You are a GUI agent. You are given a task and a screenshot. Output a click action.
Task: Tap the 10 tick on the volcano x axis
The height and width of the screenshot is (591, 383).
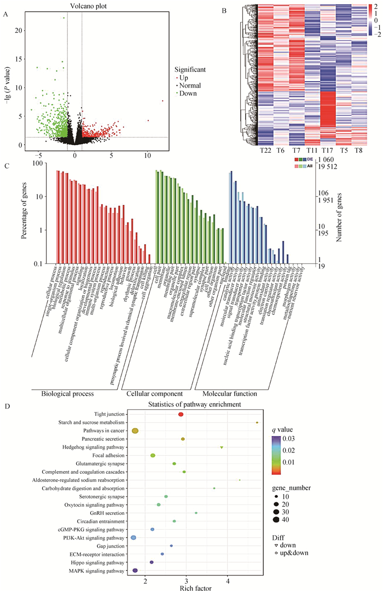point(147,156)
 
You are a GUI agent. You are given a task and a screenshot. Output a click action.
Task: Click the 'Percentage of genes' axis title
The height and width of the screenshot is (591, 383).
point(25,213)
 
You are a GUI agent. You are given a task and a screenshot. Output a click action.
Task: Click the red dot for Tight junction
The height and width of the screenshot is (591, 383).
point(181,415)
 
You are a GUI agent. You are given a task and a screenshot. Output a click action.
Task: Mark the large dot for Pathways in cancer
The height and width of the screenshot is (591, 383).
point(135,431)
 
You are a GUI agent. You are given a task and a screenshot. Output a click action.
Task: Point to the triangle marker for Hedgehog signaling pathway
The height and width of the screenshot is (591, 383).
point(222,447)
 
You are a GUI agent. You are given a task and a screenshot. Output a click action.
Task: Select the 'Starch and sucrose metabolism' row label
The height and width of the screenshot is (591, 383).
point(89,423)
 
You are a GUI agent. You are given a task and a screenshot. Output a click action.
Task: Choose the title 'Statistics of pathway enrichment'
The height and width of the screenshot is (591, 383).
point(195,404)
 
